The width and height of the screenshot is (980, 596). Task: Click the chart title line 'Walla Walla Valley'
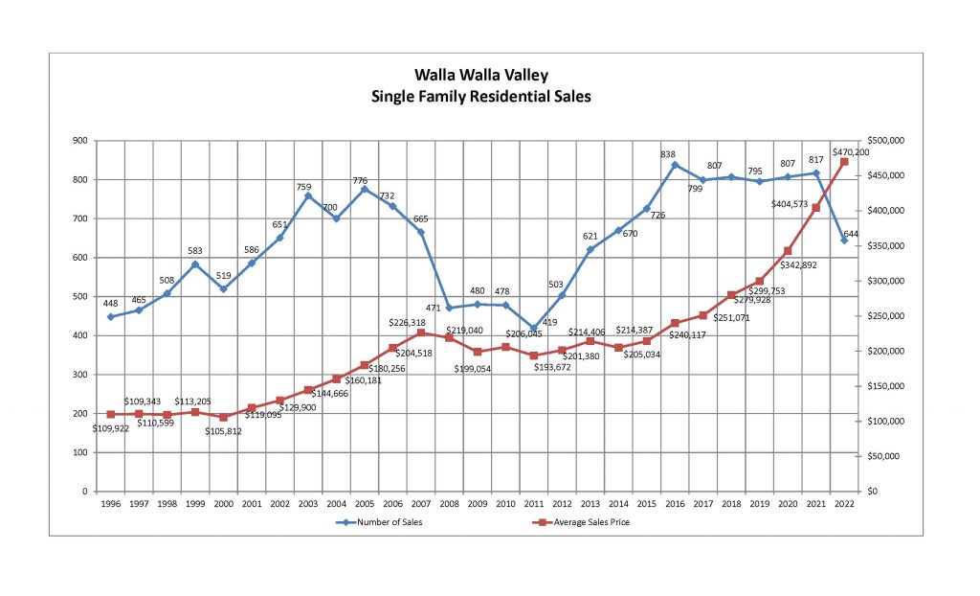coord(481,74)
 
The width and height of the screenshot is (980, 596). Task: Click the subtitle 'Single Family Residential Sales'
coord(481,96)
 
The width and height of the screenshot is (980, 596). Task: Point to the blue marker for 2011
coord(534,328)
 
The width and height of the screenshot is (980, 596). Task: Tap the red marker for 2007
coord(421,332)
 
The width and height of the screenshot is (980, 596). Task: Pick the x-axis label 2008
coord(449,503)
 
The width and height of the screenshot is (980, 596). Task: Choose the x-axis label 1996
coord(111,503)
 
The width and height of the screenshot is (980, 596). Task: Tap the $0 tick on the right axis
coord(871,492)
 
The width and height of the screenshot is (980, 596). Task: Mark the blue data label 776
coord(365,179)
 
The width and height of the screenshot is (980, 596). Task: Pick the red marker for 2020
coord(788,251)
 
